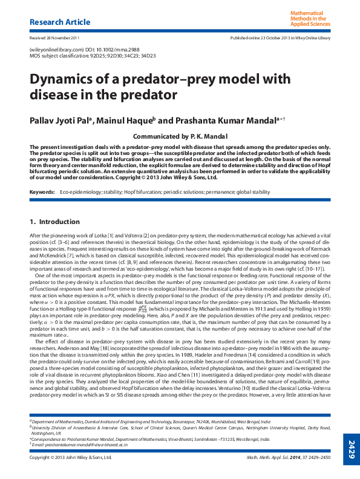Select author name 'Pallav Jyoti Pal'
click(x=59, y=120)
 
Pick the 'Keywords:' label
click(x=42, y=192)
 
